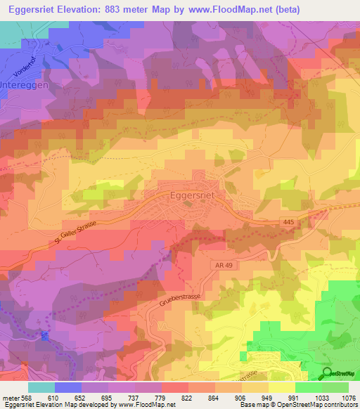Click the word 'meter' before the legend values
click(9, 398)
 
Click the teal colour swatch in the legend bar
click(41, 387)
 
